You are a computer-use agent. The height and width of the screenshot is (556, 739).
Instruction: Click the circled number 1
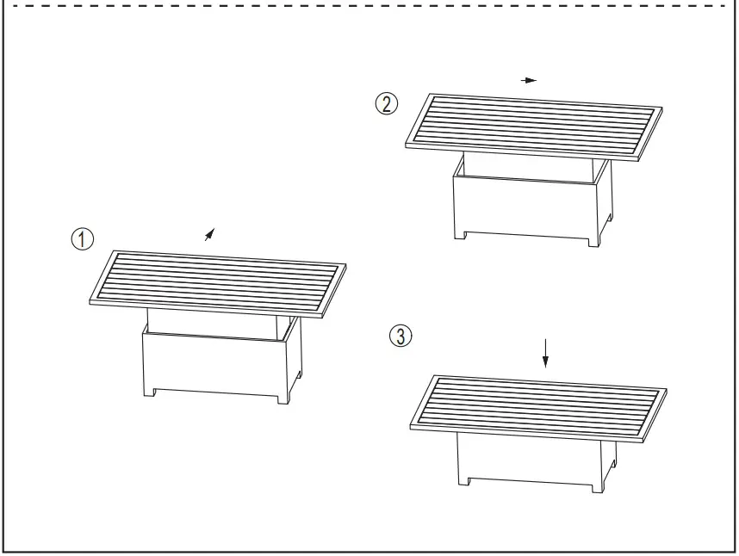tap(83, 239)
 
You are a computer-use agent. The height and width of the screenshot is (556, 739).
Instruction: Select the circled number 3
tap(400, 336)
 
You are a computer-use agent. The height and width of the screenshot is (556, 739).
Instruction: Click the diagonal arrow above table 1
tap(209, 233)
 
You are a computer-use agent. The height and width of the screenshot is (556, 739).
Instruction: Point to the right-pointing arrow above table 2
tap(529, 80)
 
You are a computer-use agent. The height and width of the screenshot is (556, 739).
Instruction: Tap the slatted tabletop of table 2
tap(536, 126)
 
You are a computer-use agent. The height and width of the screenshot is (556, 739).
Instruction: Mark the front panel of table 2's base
tap(526, 207)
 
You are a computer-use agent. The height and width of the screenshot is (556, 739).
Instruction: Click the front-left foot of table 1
tap(148, 392)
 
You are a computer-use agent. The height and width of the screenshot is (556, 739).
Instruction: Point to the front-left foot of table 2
tap(460, 233)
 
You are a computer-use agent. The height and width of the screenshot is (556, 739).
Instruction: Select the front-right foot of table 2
tap(593, 241)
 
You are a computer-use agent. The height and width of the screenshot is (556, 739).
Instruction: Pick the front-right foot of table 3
tap(596, 486)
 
